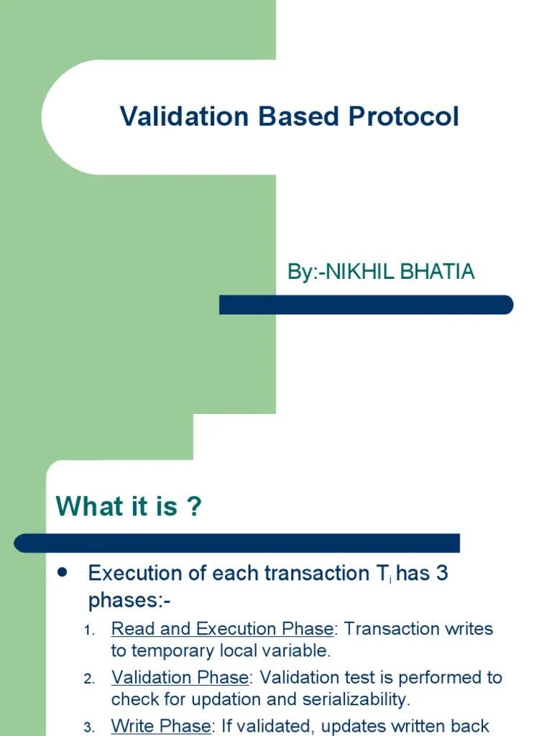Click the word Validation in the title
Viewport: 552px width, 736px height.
[184, 116]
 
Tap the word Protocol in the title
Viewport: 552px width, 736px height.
[404, 116]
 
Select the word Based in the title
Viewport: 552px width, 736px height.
[298, 116]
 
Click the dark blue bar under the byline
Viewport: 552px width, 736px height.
[366, 305]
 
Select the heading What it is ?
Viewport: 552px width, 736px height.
[129, 506]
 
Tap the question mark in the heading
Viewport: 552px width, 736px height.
[194, 506]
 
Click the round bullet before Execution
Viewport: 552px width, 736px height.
[62, 572]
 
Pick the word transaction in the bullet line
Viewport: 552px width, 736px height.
[317, 573]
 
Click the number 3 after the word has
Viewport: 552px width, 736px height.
[442, 573]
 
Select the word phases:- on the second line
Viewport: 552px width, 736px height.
[129, 600]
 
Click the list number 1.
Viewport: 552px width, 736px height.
[89, 630]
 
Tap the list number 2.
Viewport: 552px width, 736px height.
[89, 678]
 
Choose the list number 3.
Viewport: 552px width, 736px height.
[89, 727]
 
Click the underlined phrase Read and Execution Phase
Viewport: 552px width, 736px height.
[223, 628]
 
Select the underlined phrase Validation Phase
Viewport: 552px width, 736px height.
[180, 677]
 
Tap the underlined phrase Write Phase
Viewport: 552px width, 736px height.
[161, 726]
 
